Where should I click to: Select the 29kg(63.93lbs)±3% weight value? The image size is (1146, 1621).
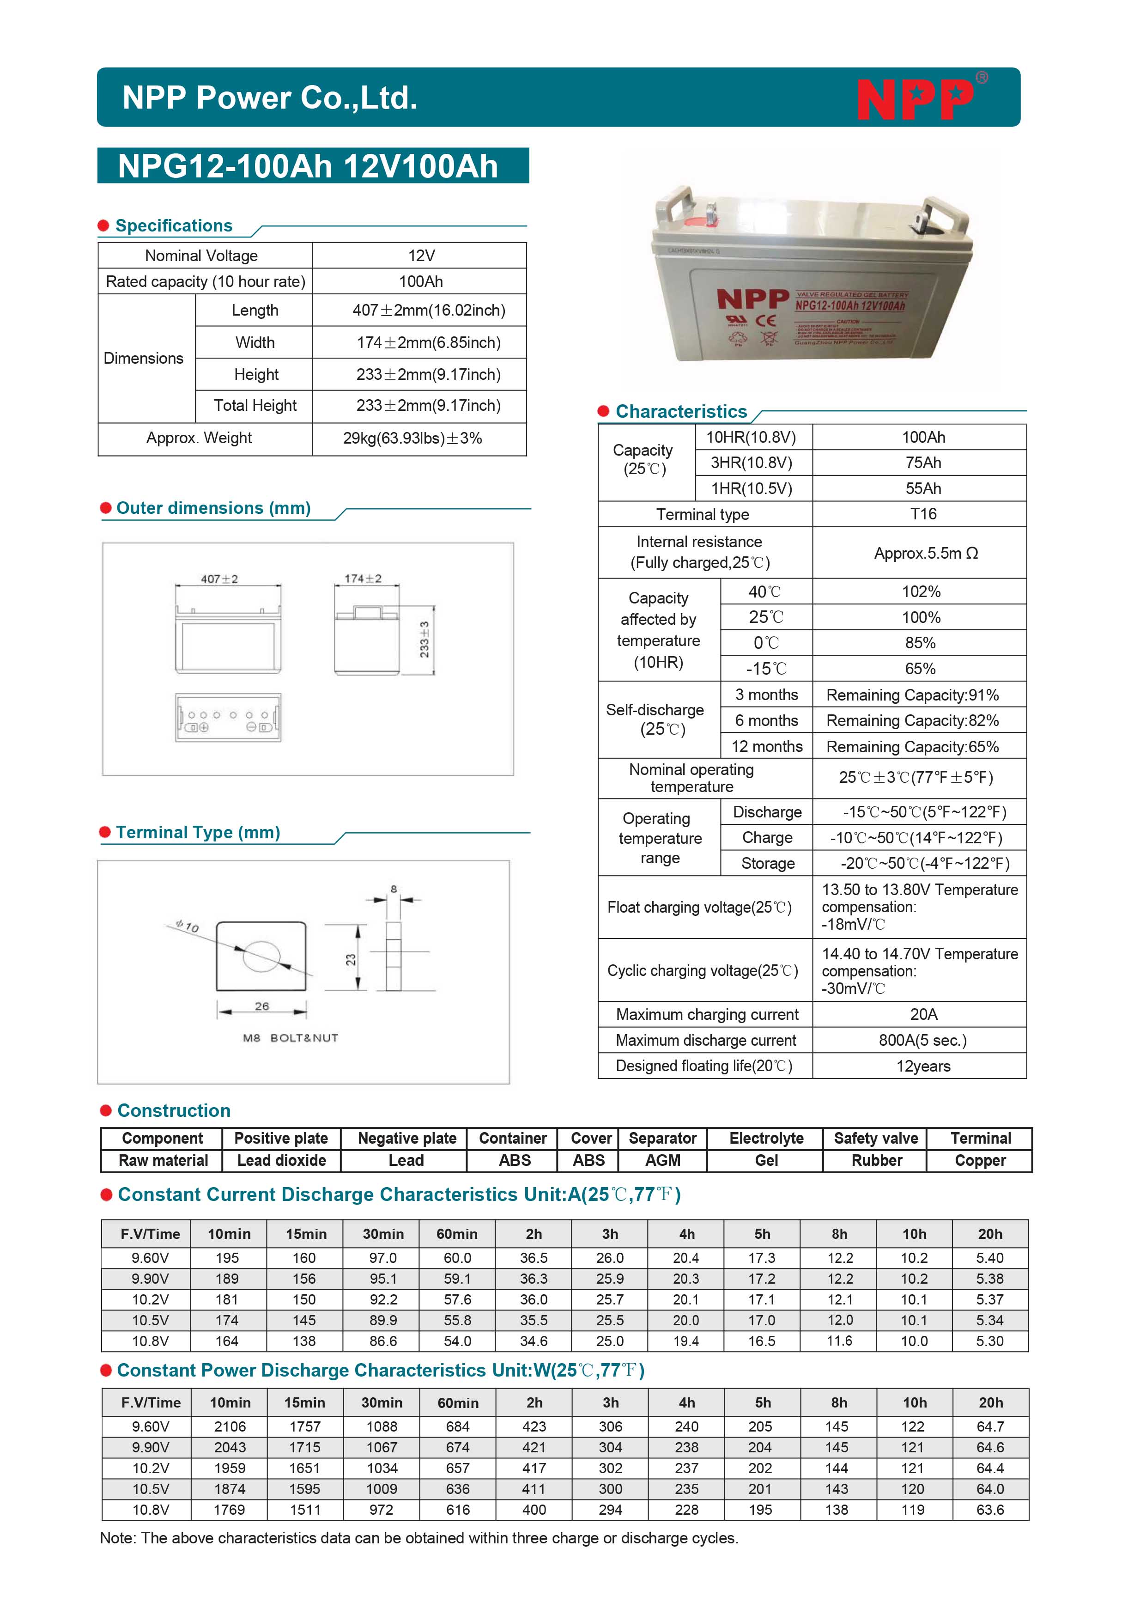(412, 439)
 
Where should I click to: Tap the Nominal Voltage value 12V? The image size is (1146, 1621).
(421, 256)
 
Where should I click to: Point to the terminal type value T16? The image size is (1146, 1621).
(923, 514)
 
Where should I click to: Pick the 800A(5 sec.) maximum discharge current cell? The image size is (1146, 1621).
(922, 1040)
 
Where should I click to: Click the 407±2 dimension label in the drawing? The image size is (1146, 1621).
(219, 579)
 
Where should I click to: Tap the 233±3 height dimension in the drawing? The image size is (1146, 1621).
(424, 640)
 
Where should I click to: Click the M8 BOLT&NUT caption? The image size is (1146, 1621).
(291, 1038)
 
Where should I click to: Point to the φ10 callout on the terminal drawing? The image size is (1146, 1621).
(188, 926)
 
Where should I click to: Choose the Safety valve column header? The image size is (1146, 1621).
(876, 1138)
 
